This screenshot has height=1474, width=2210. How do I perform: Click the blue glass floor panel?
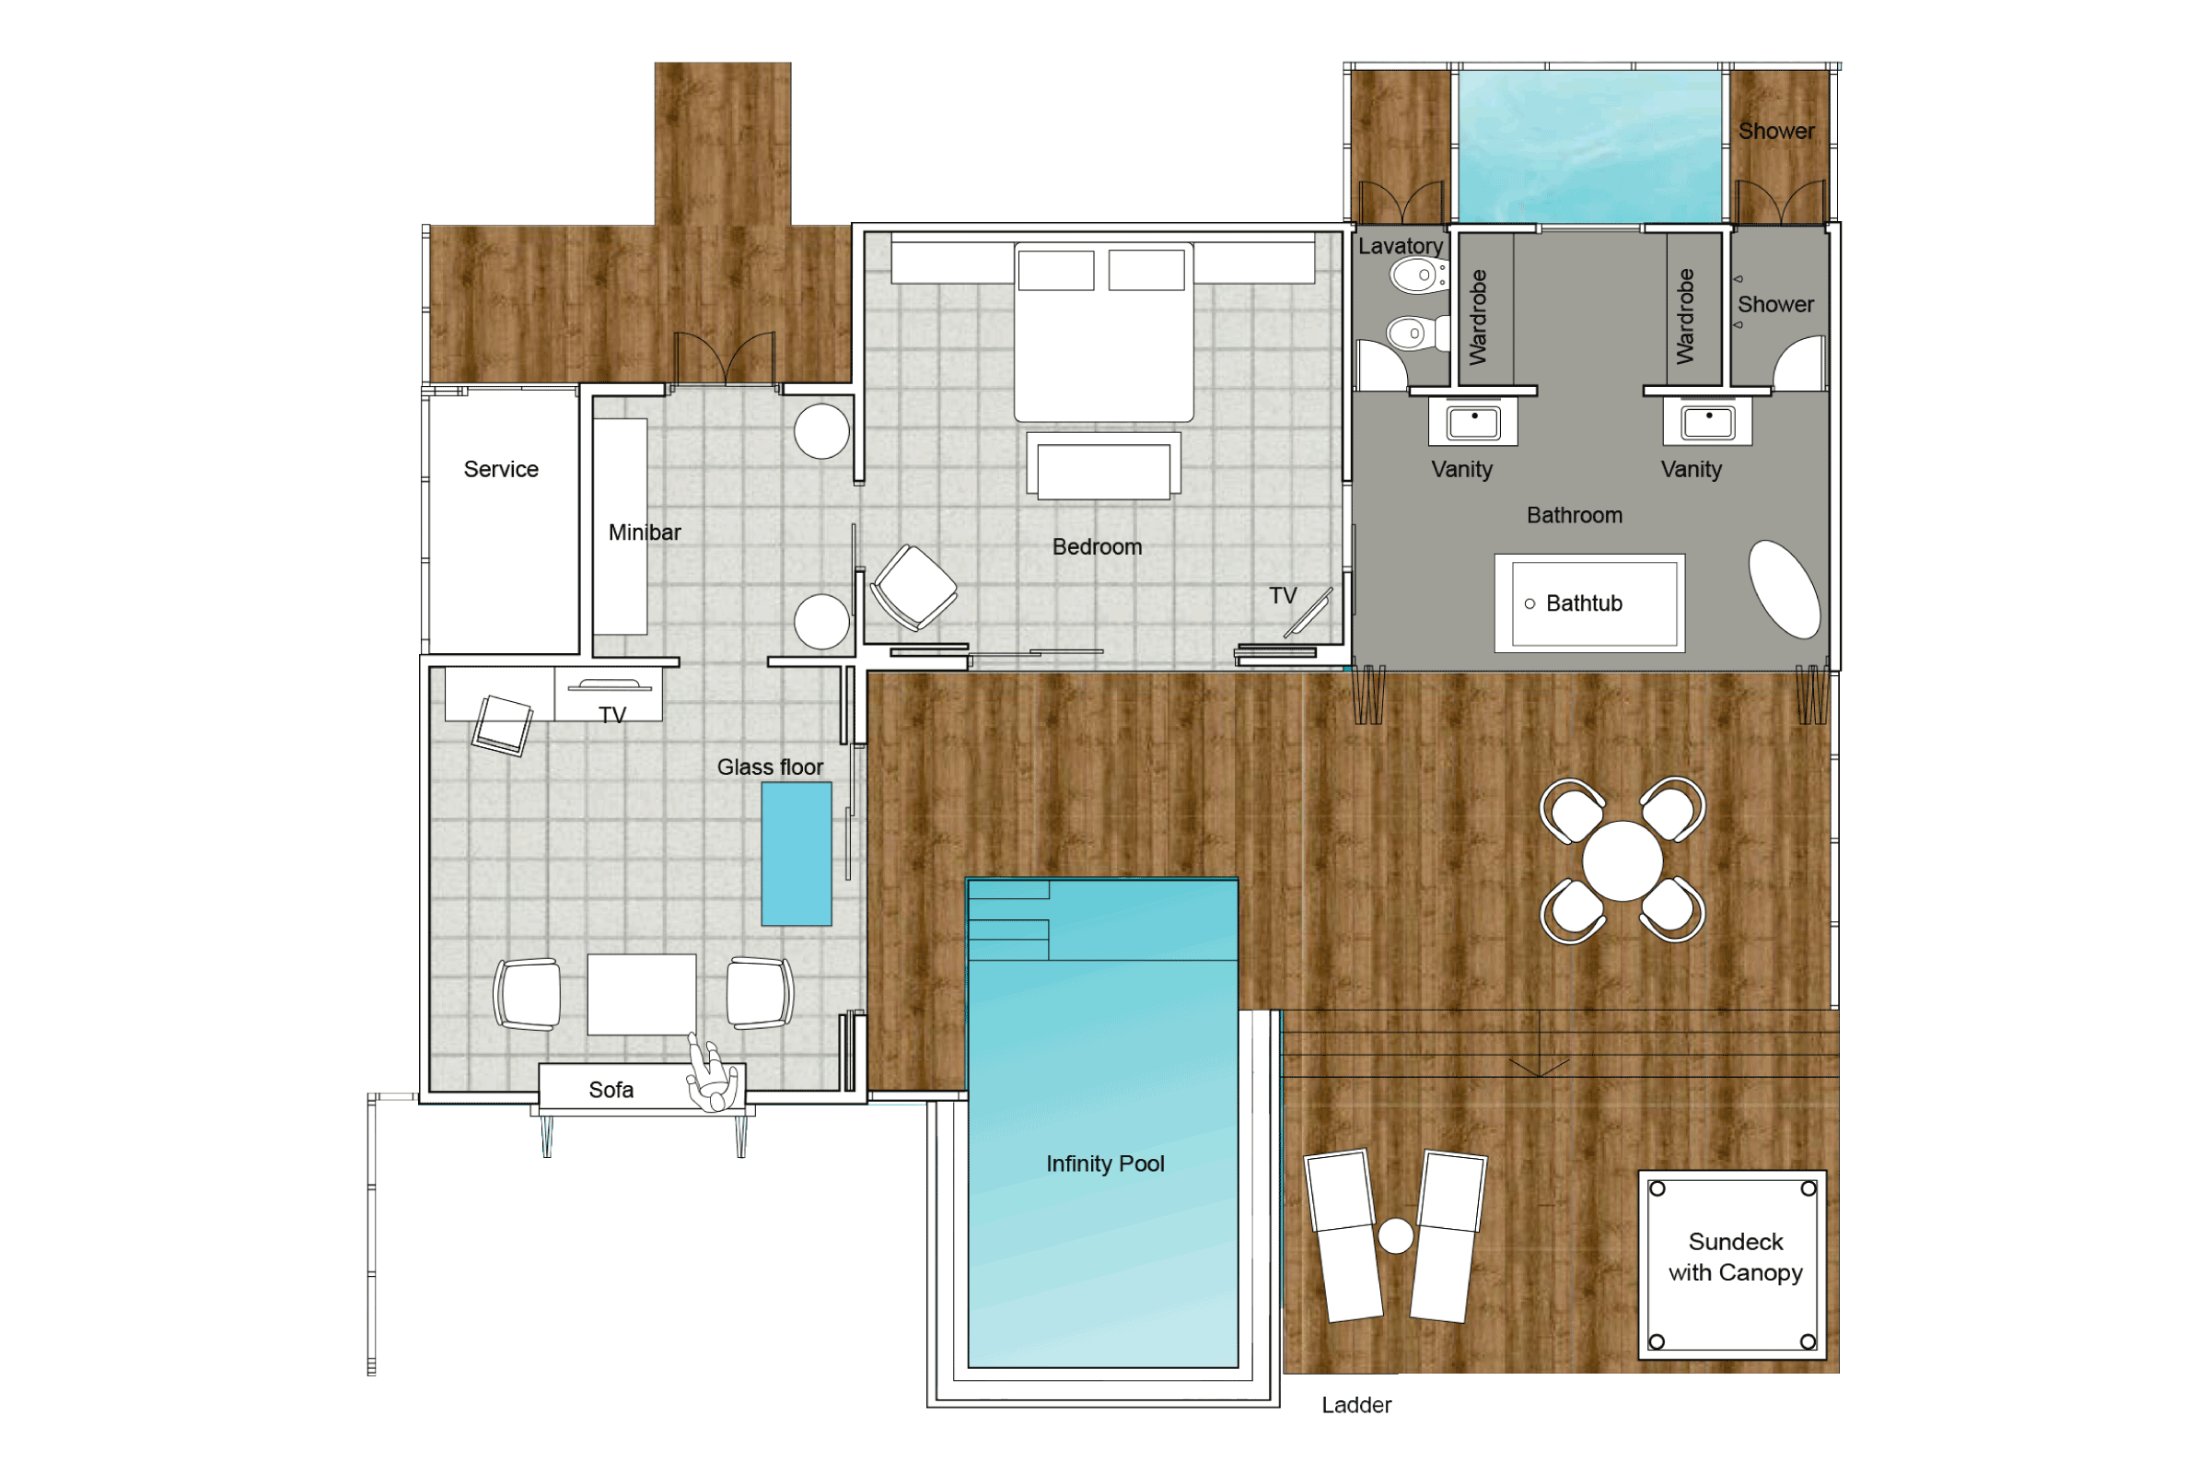[x=796, y=854]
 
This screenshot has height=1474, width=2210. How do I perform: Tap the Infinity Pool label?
[x=1105, y=1164]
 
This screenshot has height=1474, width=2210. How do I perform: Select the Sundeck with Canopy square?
[x=1732, y=1264]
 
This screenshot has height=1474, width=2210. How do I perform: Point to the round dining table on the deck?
[x=1622, y=860]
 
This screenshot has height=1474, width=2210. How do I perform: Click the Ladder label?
[x=1355, y=1404]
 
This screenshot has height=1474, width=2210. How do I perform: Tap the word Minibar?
[x=645, y=532]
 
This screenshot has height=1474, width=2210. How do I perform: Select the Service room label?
[x=501, y=469]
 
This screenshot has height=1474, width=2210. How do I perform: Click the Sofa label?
[x=611, y=1090]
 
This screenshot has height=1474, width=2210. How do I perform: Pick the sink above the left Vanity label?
[x=1472, y=422]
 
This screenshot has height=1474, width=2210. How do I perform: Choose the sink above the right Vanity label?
[x=1707, y=422]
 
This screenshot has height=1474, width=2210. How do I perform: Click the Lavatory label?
[x=1400, y=246]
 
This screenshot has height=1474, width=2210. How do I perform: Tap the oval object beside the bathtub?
[x=1784, y=590]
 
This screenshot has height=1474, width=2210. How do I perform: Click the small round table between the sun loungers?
[x=1395, y=1235]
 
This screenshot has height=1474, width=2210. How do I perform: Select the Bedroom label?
[x=1097, y=547]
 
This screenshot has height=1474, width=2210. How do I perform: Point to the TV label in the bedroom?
[x=1283, y=596]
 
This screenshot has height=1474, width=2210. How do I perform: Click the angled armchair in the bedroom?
[x=913, y=588]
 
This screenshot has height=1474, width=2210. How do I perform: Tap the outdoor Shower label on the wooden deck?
[x=1776, y=132]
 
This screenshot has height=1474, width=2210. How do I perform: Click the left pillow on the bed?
[x=1056, y=270]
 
